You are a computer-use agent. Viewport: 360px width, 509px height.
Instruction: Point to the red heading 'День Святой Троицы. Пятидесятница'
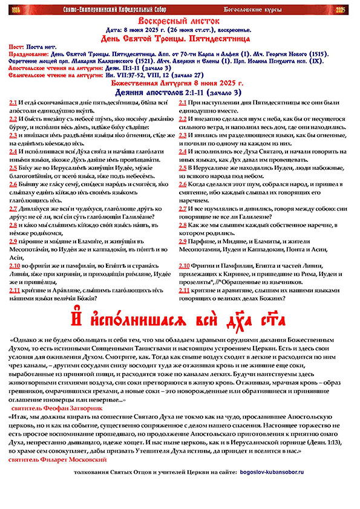coord(180,38)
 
